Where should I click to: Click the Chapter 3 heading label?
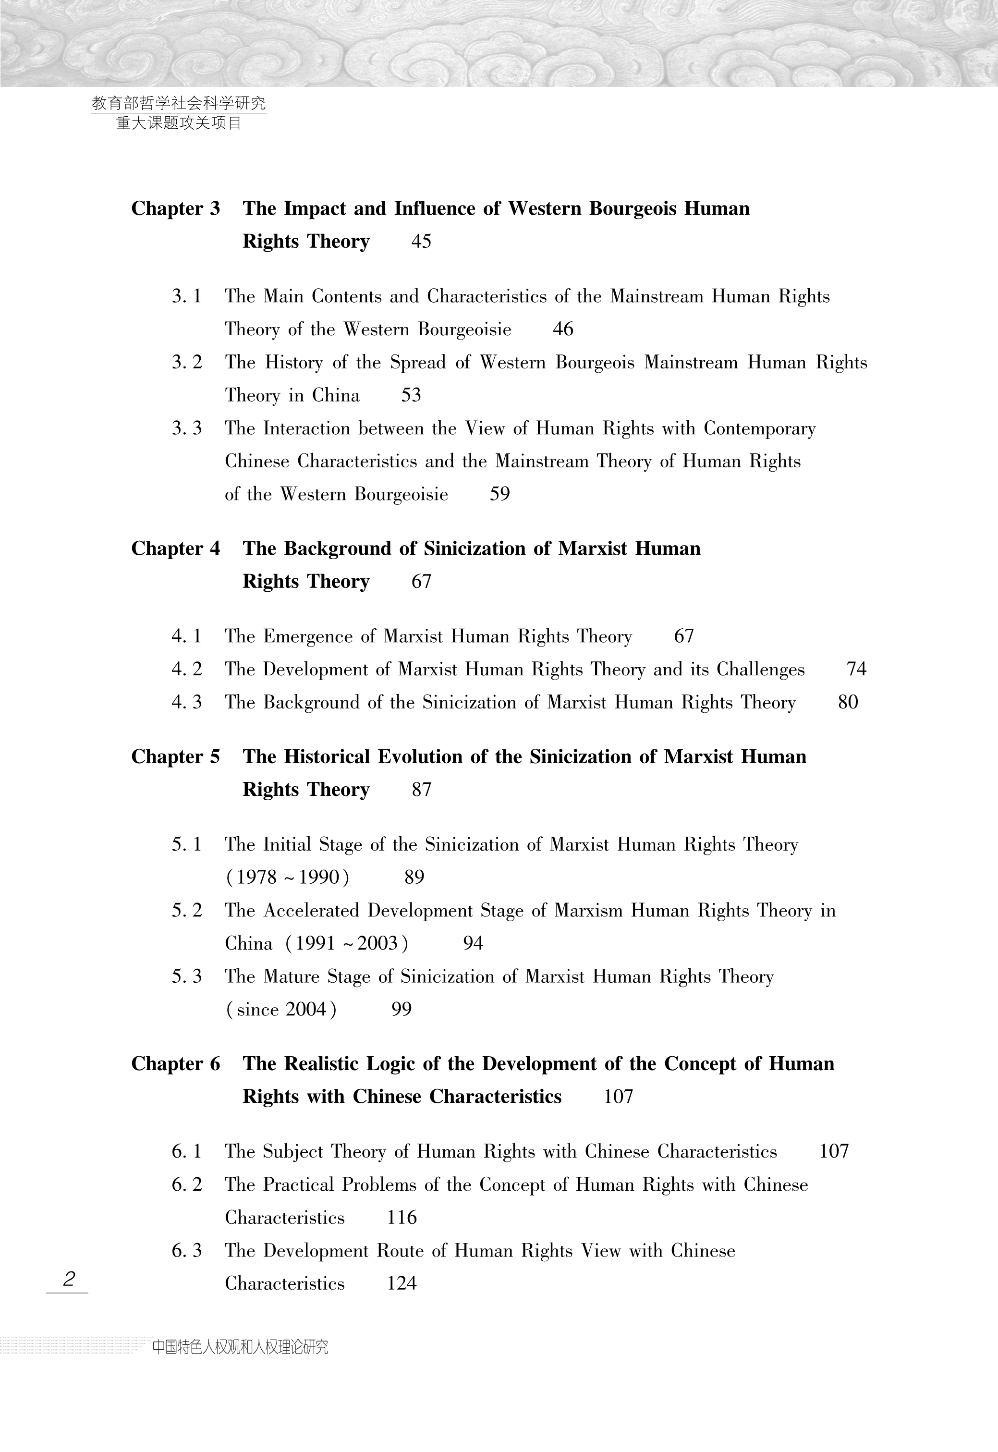click(176, 208)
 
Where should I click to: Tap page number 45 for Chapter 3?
click(421, 242)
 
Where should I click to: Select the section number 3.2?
click(187, 363)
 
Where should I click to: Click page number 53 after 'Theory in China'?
click(411, 395)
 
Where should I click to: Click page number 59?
click(499, 494)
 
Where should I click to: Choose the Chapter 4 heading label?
click(176, 549)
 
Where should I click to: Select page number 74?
click(856, 669)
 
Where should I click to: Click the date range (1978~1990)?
click(287, 878)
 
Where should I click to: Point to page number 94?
click(473, 943)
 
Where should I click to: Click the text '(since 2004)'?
click(281, 1009)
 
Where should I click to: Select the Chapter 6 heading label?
click(176, 1064)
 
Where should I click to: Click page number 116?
click(402, 1218)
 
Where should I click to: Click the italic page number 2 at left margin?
click(69, 1278)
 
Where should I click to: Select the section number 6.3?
click(187, 1251)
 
